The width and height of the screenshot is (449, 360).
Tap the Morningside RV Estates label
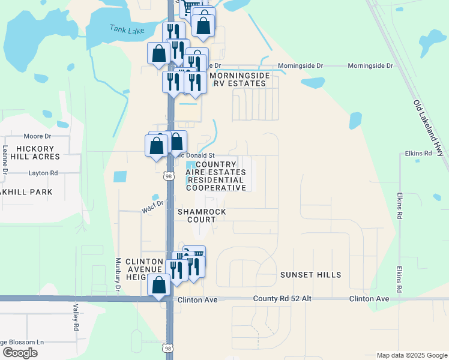click(238, 79)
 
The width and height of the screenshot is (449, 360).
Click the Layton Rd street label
click(43, 173)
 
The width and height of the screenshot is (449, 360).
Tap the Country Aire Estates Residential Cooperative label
click(216, 176)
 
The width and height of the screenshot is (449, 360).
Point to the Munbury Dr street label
click(118, 275)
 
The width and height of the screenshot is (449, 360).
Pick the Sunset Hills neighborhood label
click(310, 275)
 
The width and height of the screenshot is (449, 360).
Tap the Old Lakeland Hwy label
click(429, 128)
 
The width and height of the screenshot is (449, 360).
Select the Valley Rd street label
click(76, 318)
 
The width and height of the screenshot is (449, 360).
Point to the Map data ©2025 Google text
click(411, 355)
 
